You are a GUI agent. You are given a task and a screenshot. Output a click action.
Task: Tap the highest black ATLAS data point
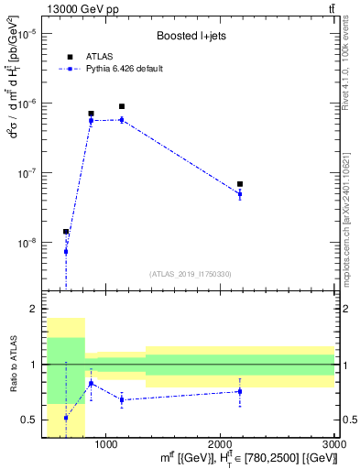click(122, 106)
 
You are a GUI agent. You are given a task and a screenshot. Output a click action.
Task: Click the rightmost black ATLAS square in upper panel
click(240, 184)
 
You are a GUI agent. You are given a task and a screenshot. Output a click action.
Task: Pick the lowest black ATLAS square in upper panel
click(66, 232)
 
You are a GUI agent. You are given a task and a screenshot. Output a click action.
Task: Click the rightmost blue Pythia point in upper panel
click(240, 194)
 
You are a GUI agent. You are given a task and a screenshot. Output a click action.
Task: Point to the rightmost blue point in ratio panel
click(240, 391)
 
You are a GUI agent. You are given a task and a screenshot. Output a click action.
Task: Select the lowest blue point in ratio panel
click(66, 417)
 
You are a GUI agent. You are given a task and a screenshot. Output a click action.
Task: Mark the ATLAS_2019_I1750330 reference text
click(191, 274)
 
